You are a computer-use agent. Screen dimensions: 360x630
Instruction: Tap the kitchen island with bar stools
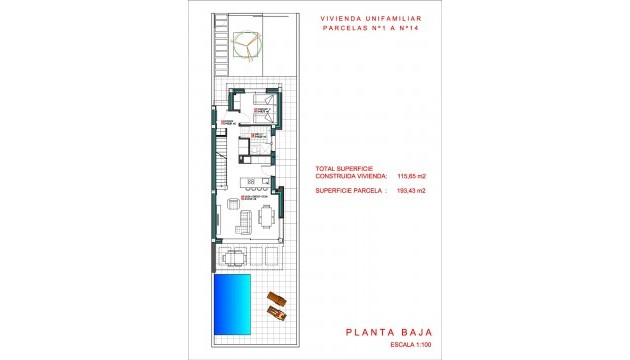tap(256, 186)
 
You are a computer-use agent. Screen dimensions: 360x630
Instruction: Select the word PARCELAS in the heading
tap(343, 28)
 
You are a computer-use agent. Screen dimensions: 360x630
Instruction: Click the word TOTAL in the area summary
tap(327, 168)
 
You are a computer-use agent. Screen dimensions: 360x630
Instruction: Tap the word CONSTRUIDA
tap(339, 176)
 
